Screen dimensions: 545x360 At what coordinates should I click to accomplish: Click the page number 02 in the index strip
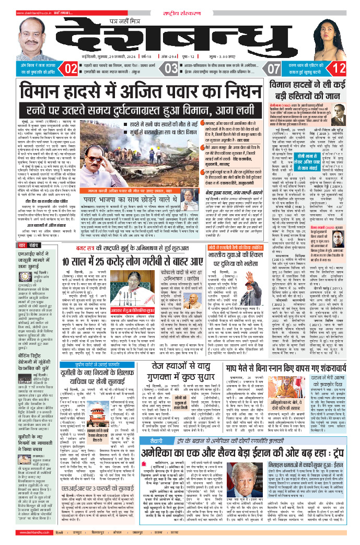coord(71,68)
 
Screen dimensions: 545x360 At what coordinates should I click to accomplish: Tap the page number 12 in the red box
coord(339,68)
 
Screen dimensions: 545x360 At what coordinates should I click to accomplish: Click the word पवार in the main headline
coord(186,94)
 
